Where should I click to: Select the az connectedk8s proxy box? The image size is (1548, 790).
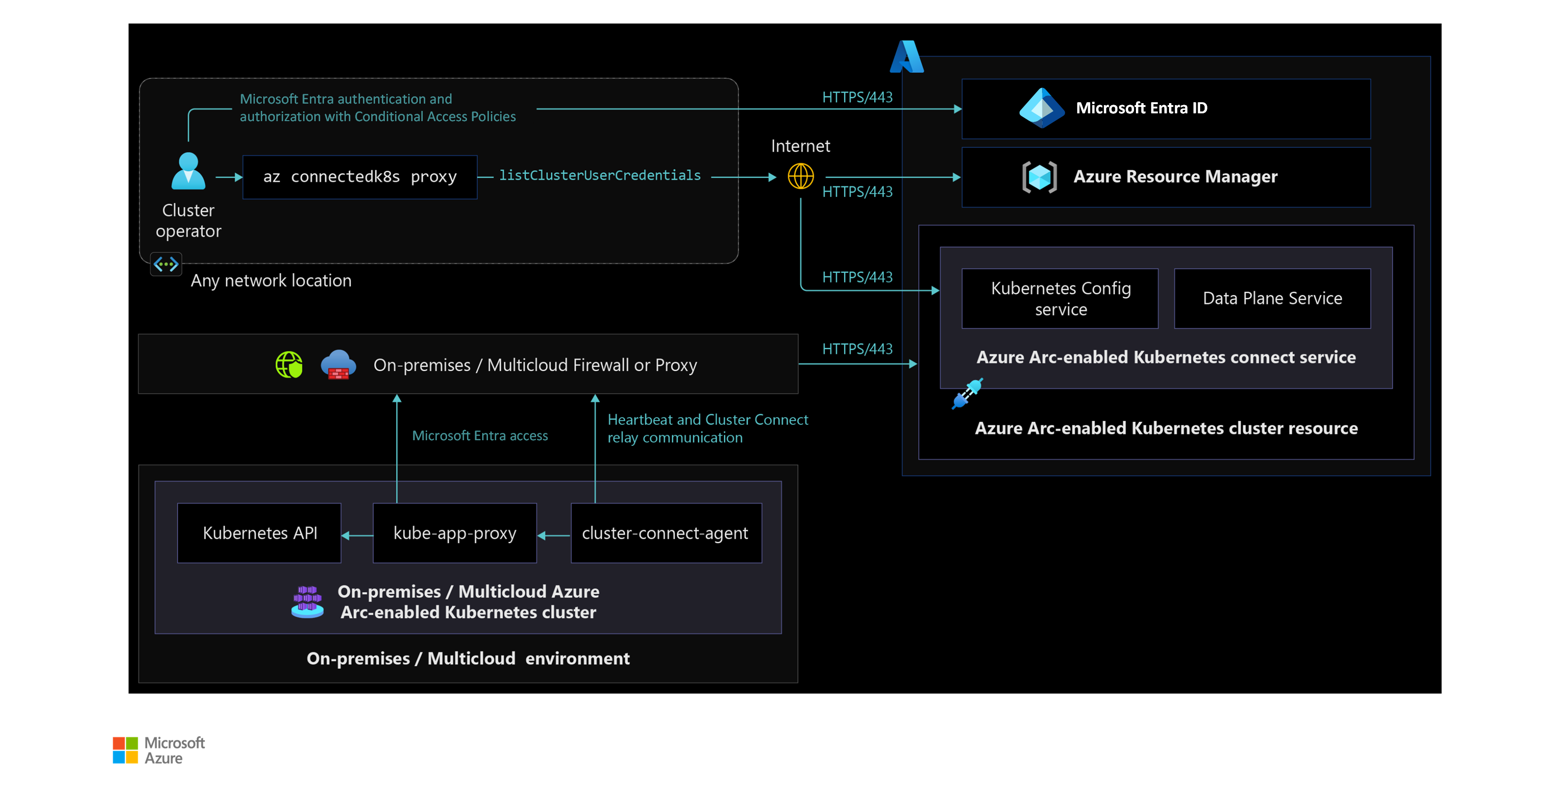(x=360, y=177)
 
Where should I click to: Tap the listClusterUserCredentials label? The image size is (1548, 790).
(x=600, y=176)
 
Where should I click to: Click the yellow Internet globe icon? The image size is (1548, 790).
(x=800, y=177)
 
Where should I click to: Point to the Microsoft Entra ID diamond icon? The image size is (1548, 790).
(x=1042, y=108)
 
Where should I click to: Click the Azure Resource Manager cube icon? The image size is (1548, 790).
(x=1039, y=177)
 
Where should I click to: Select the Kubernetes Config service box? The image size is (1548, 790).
(x=1060, y=299)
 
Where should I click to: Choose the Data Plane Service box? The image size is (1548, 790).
(x=1272, y=299)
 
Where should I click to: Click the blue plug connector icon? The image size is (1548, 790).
(x=967, y=394)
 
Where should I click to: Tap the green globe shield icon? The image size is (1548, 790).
(x=289, y=365)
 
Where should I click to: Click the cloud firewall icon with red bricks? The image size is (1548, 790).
(x=338, y=365)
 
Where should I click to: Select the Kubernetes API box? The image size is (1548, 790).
(x=260, y=533)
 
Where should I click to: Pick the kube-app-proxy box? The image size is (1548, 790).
(x=454, y=533)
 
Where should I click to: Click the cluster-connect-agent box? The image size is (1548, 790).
(x=666, y=533)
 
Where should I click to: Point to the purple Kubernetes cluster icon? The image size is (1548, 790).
(x=307, y=602)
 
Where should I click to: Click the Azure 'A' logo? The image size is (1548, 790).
(x=907, y=56)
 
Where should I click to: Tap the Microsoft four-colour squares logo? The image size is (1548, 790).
(x=125, y=750)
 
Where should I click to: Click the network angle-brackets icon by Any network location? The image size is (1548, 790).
(x=166, y=264)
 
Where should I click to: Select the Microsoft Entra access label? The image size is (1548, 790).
(x=480, y=435)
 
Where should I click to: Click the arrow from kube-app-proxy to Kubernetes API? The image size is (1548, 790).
(x=357, y=535)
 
